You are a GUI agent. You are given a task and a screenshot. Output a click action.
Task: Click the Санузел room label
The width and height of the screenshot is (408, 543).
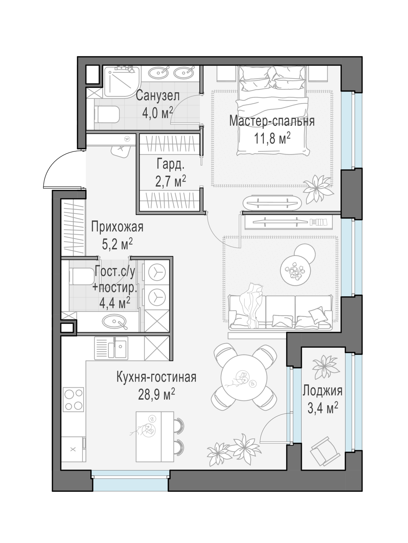coord(158,96)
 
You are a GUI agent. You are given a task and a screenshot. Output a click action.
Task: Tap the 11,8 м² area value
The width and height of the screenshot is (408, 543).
coord(272,138)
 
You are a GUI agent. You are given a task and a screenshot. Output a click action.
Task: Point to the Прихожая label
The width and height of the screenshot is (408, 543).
coord(117,227)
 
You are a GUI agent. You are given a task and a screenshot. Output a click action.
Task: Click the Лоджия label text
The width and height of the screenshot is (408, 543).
coord(323,391)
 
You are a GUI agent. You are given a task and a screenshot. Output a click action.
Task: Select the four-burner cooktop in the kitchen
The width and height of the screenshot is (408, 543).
coord(73,399)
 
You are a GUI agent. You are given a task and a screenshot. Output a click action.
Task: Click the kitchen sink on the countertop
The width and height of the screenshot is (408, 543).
coord(111,348)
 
